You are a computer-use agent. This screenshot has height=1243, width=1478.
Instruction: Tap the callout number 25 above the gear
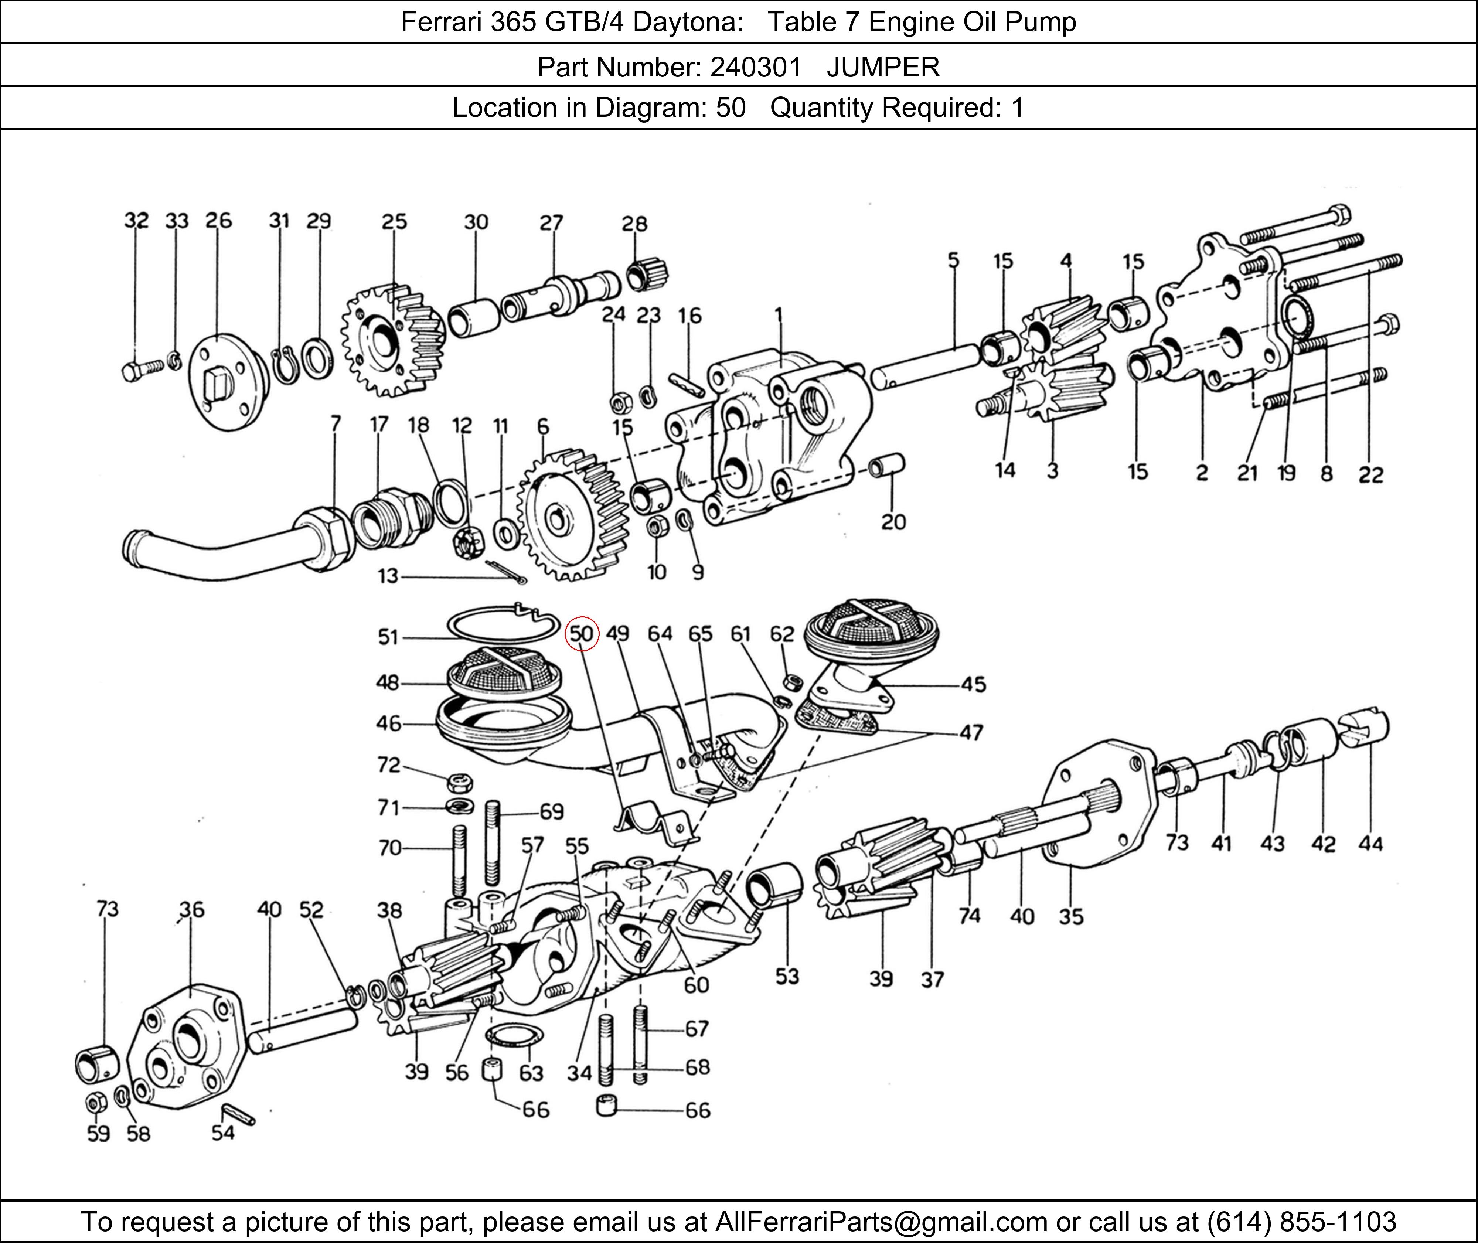click(395, 222)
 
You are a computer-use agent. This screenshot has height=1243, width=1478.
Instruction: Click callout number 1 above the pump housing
click(779, 314)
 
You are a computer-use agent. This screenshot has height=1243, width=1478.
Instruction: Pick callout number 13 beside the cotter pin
click(388, 576)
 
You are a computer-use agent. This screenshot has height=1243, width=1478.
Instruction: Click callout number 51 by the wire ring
click(388, 637)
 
